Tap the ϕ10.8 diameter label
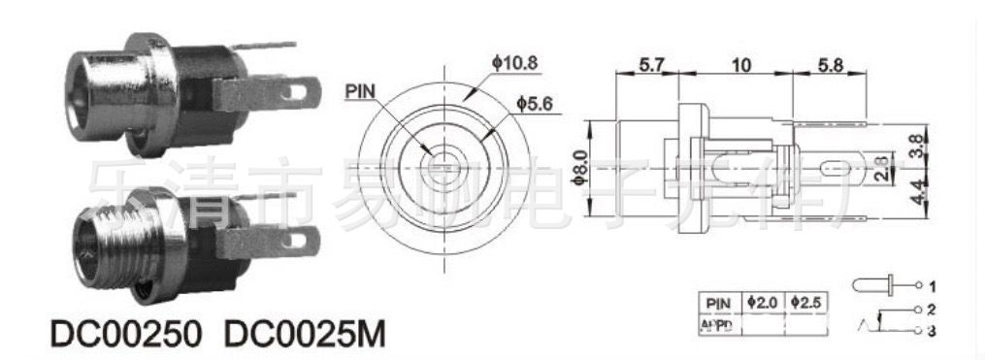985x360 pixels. [514, 63]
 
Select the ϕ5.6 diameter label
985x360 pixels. [535, 103]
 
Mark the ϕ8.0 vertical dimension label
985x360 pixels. [580, 168]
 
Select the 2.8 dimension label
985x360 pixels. [878, 167]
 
